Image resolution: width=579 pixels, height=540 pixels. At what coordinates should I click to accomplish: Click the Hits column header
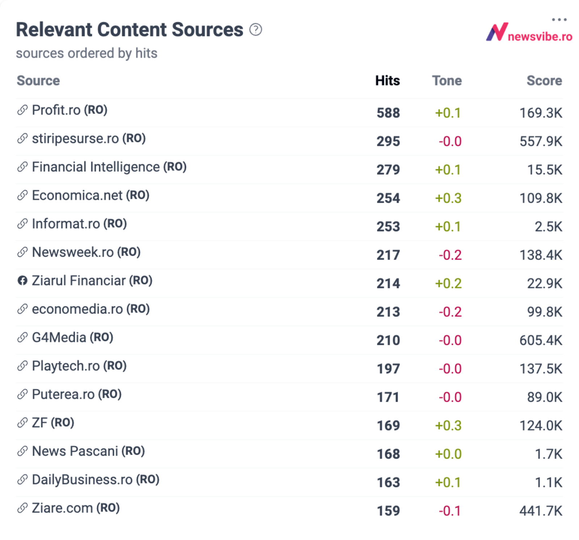coord(387,80)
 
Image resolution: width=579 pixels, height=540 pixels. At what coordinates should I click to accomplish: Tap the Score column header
coord(544,80)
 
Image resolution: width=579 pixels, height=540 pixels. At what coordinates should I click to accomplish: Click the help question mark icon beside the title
coord(255,30)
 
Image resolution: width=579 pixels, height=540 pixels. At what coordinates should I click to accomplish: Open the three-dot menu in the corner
coord(559,20)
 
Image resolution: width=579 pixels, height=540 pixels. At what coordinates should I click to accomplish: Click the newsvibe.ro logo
coord(529,33)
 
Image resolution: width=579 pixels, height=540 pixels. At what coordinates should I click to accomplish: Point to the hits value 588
coord(388,113)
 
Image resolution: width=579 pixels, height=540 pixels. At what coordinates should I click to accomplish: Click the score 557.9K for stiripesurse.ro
coord(541,141)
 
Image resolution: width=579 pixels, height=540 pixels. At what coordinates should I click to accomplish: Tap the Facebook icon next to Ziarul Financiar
coord(22,281)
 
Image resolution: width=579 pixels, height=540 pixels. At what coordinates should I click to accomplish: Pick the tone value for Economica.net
coord(448,198)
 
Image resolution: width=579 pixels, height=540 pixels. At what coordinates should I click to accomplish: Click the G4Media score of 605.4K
coord(541,340)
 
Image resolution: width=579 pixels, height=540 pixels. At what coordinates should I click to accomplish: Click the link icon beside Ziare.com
coord(22,508)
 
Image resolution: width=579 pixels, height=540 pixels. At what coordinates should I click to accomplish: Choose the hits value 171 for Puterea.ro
coord(388,397)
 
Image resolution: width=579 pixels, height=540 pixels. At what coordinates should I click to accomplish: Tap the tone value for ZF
coord(448,426)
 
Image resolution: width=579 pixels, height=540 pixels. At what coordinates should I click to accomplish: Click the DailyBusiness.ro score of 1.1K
coord(548,482)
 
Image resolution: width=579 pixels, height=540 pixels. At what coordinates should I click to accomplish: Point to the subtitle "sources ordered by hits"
coord(86,53)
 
